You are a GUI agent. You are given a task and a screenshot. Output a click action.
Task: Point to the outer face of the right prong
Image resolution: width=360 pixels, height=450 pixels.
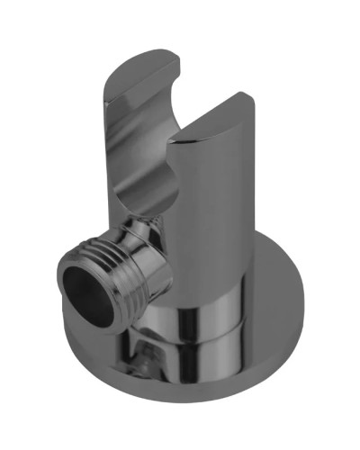pos(229,198)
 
